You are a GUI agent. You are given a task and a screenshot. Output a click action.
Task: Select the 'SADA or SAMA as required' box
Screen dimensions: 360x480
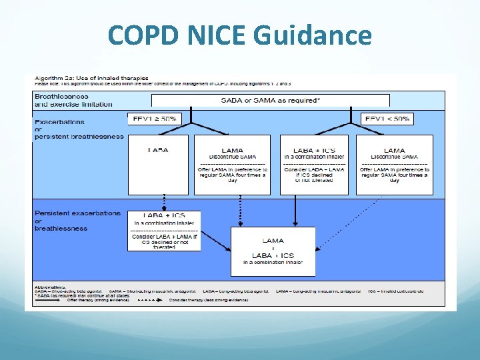coord(270,100)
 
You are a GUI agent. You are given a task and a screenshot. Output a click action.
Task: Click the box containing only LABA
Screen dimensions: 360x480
coord(158,164)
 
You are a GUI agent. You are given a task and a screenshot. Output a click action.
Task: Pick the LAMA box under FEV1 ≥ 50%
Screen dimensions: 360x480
coord(232,164)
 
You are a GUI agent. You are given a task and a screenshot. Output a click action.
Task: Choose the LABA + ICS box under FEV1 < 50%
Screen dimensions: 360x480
coord(313,164)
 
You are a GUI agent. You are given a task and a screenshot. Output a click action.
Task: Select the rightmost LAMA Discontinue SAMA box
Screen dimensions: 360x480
coord(394,164)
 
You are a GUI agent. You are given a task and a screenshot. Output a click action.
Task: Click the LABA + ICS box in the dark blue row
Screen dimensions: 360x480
coord(163,231)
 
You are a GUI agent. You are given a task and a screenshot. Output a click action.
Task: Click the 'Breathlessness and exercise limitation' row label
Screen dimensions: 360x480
coord(73,100)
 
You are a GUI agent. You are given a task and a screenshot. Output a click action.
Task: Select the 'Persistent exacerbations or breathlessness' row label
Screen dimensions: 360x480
coord(77,220)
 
